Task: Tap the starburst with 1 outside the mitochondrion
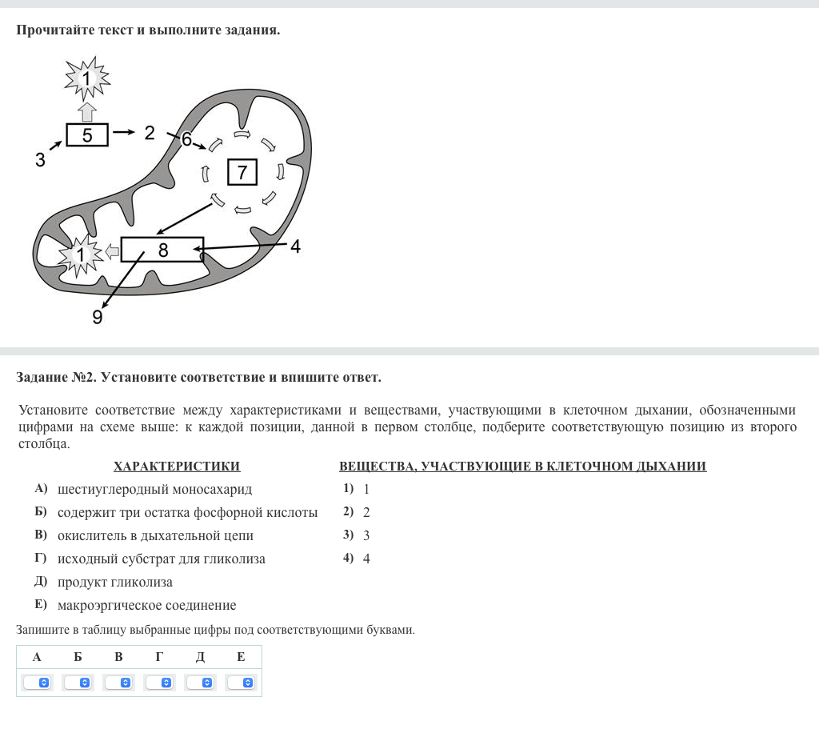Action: pyautogui.click(x=87, y=78)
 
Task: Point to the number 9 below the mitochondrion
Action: pyautogui.click(x=97, y=317)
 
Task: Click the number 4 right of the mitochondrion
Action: pyautogui.click(x=296, y=246)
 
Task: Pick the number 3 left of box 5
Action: pyautogui.click(x=40, y=159)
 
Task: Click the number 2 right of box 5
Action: pyautogui.click(x=150, y=133)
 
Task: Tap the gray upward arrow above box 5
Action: pyautogui.click(x=87, y=112)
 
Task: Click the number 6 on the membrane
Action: pyautogui.click(x=186, y=139)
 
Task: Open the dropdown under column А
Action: pyautogui.click(x=37, y=683)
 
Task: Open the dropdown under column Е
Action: pyautogui.click(x=241, y=683)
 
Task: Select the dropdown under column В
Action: pyautogui.click(x=118, y=683)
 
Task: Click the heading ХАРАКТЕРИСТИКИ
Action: pyautogui.click(x=177, y=466)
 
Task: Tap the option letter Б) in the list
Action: pyautogui.click(x=41, y=511)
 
